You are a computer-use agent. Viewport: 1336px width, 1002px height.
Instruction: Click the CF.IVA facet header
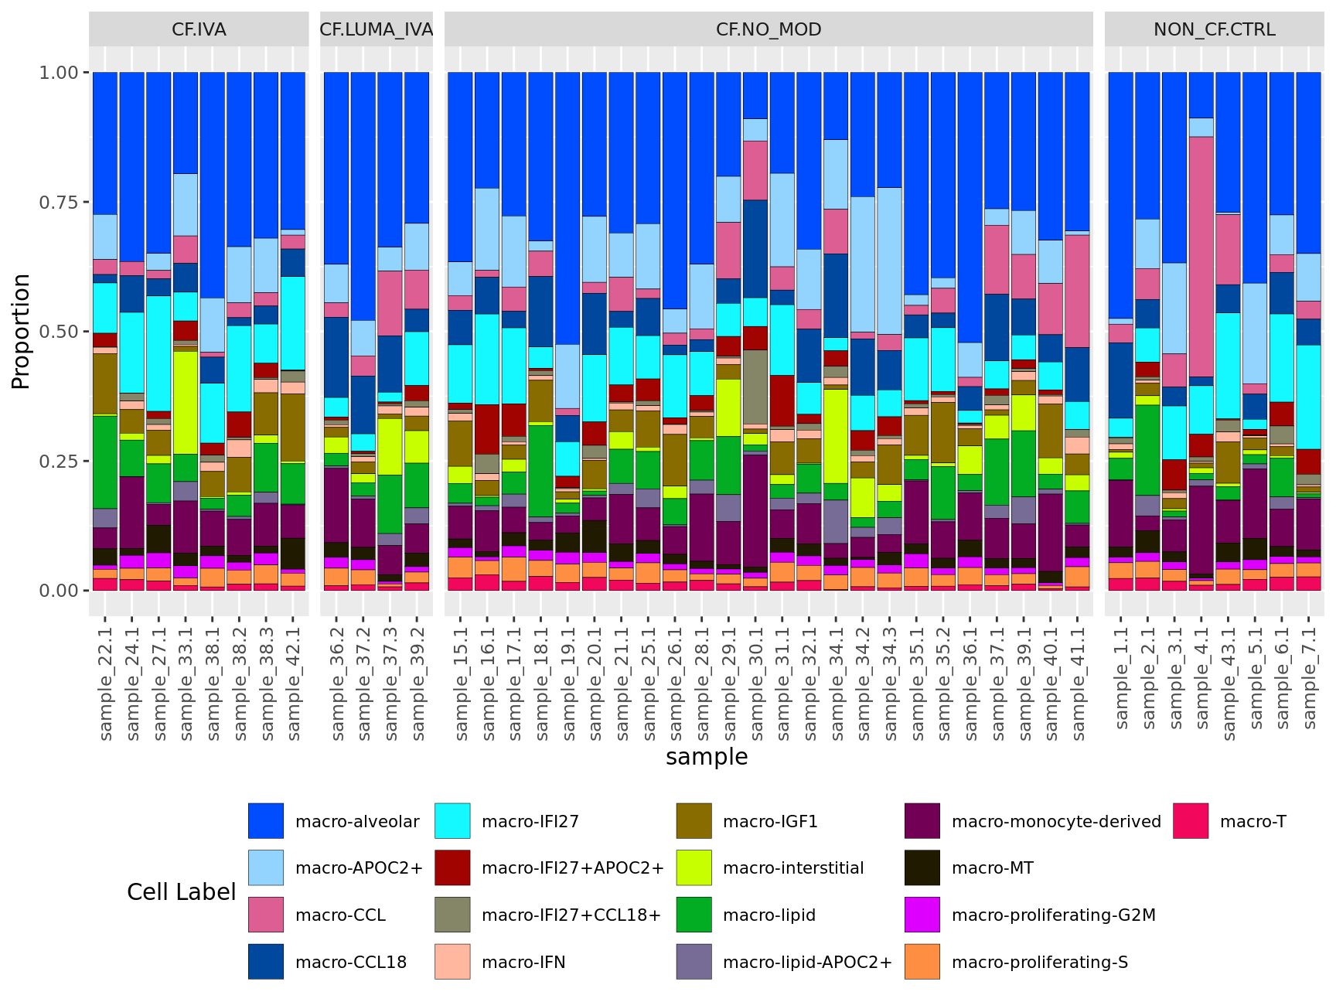(199, 29)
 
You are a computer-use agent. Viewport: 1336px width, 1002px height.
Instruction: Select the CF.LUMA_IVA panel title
(377, 29)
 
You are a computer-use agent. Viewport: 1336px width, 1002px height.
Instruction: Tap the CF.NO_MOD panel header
(769, 29)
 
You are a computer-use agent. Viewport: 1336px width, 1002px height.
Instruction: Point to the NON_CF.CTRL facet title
(1214, 29)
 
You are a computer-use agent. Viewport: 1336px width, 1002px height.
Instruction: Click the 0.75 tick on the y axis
(59, 202)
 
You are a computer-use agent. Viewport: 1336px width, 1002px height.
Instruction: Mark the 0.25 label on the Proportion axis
(59, 461)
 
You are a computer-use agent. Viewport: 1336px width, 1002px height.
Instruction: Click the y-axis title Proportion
(21, 331)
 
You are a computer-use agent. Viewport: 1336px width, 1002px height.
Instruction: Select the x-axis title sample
(707, 757)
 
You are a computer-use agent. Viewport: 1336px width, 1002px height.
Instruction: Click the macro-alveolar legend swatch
(265, 821)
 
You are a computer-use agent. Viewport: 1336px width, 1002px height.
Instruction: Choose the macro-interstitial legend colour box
(694, 867)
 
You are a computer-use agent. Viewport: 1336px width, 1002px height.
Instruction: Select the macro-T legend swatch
(1190, 821)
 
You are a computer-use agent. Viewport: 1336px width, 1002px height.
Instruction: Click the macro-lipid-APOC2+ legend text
(806, 962)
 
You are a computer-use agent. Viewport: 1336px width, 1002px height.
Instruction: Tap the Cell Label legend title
(181, 891)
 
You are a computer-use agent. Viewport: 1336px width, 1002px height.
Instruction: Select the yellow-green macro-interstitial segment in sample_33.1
(186, 402)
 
